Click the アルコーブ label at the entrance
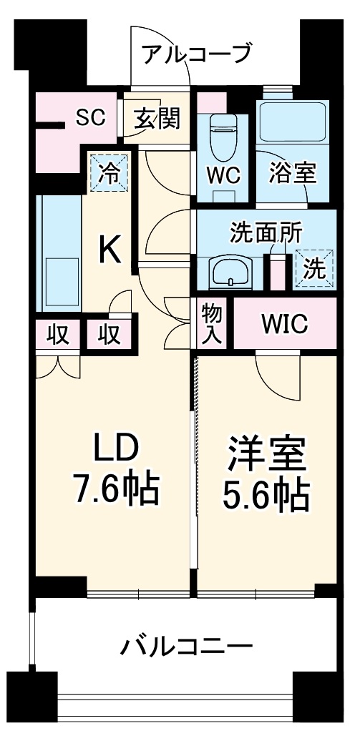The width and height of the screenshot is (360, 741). pyautogui.click(x=196, y=54)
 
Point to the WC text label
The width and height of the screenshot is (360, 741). pyautogui.click(x=223, y=175)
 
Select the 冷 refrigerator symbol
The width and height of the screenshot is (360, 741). pyautogui.click(x=110, y=172)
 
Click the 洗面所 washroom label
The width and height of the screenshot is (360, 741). pyautogui.click(x=266, y=234)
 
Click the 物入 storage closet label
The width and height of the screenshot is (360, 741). pyautogui.click(x=212, y=324)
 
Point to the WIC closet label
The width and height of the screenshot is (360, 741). pyautogui.click(x=284, y=324)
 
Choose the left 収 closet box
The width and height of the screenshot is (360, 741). pyautogui.click(x=58, y=333)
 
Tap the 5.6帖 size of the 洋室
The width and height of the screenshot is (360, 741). pyautogui.click(x=268, y=494)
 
